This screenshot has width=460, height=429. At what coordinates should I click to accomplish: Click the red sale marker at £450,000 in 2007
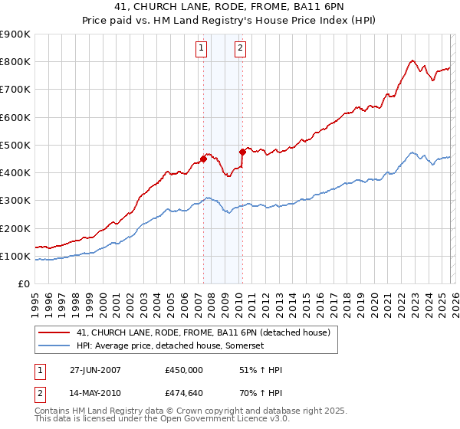pos(203,159)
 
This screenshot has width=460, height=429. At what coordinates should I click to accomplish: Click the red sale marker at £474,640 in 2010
pos(242,152)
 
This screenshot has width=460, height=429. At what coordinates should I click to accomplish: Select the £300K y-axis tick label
pos(15,201)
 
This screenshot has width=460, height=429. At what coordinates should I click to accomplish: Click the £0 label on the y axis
pos(25,284)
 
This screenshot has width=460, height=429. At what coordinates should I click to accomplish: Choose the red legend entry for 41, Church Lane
pos(203,332)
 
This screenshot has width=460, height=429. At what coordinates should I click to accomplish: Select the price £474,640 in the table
pos(184,395)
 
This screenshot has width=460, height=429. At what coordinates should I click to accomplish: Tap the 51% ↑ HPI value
pos(261,370)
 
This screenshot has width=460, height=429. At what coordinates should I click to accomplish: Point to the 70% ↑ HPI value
pos(261,395)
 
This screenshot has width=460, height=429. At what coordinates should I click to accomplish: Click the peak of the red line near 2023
pos(412,60)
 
